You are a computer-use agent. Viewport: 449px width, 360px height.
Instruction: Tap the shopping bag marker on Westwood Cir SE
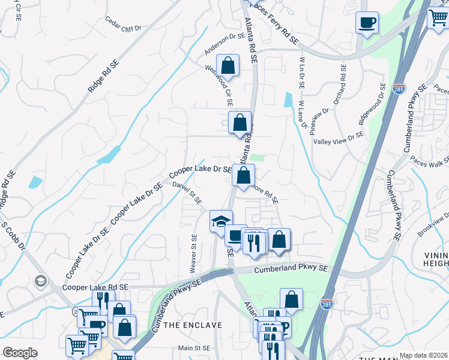(228, 65)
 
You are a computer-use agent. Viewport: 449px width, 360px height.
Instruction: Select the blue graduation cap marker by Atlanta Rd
(220, 221)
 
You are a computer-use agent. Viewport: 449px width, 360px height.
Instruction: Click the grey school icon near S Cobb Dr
(41, 281)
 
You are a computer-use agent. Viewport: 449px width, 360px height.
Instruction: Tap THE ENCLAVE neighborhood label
(193, 325)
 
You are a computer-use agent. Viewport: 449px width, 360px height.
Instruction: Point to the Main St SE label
(194, 348)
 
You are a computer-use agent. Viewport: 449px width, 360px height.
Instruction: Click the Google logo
(20, 353)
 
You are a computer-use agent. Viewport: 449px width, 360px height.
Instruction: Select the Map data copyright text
(423, 355)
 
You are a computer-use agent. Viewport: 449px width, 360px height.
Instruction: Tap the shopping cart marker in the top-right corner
(438, 18)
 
